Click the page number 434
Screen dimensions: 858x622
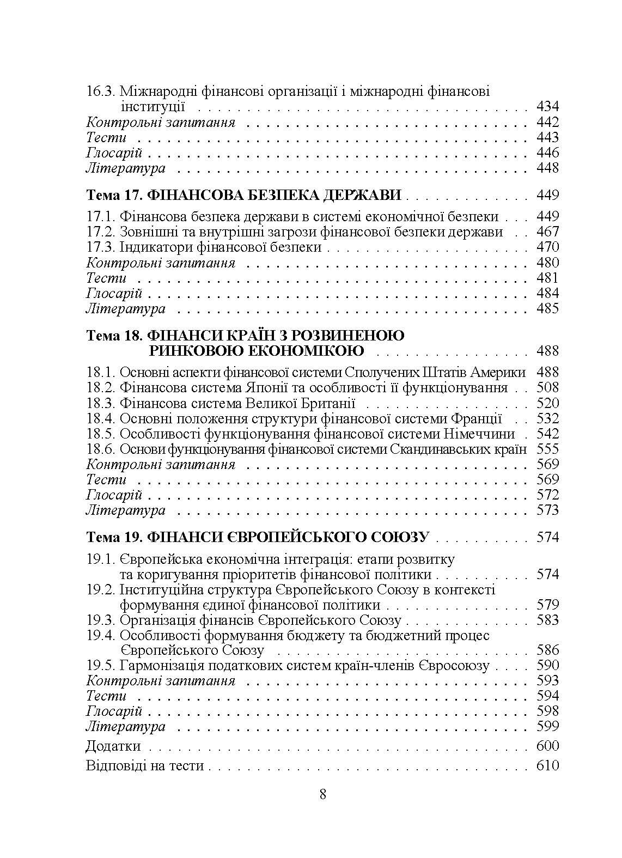(547, 107)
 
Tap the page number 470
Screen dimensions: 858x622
(547, 247)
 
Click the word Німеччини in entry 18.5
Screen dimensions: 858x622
(479, 434)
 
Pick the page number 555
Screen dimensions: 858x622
(547, 449)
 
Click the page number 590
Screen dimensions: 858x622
(547, 665)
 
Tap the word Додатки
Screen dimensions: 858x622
(113, 746)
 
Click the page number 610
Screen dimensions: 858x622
(547, 765)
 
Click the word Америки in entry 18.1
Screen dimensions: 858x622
(500, 373)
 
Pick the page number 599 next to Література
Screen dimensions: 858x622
(547, 726)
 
